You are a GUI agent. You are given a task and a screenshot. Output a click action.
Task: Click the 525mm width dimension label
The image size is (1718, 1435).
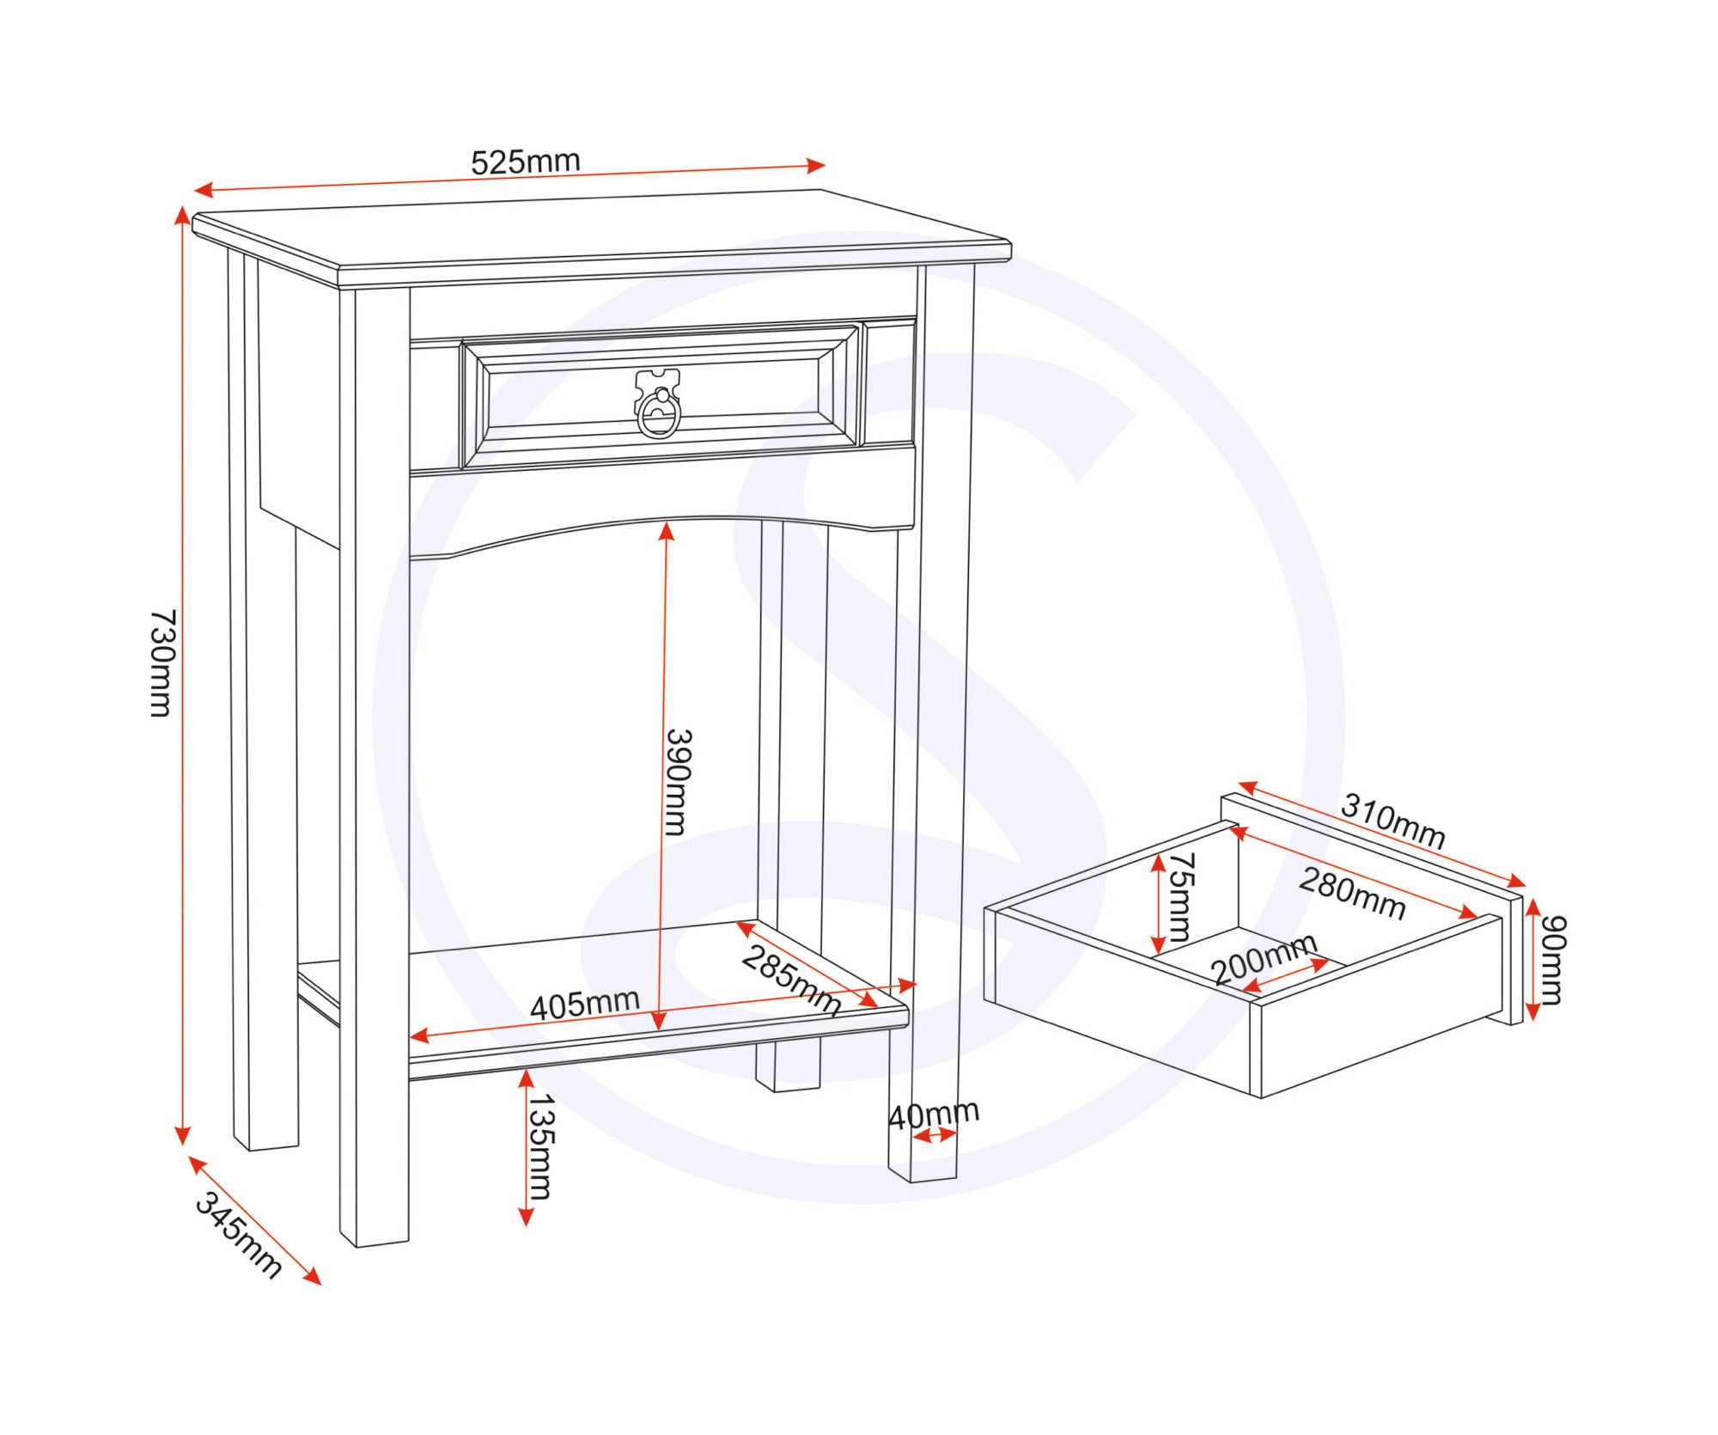(526, 162)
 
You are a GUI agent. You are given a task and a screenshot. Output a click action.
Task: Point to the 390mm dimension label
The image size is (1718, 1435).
(679, 782)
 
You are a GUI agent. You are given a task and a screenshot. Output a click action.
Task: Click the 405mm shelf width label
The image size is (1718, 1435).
(585, 1004)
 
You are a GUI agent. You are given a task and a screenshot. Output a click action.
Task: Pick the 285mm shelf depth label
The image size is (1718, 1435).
(791, 980)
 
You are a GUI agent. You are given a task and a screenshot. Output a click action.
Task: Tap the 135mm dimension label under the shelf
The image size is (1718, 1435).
(540, 1146)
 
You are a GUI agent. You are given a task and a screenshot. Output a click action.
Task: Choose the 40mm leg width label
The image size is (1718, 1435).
(934, 1114)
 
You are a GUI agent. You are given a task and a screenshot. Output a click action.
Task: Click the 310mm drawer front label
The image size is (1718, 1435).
(1393, 821)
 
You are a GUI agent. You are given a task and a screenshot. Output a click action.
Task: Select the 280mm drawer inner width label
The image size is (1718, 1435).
(1352, 894)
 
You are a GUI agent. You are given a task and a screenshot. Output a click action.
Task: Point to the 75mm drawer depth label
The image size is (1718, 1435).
(1181, 897)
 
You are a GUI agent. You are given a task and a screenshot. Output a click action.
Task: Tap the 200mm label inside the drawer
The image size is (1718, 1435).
(1264, 959)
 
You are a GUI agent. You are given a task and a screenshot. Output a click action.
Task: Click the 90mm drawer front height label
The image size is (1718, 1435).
(1552, 960)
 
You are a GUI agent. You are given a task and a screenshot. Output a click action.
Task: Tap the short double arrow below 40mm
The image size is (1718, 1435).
(935, 1136)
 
